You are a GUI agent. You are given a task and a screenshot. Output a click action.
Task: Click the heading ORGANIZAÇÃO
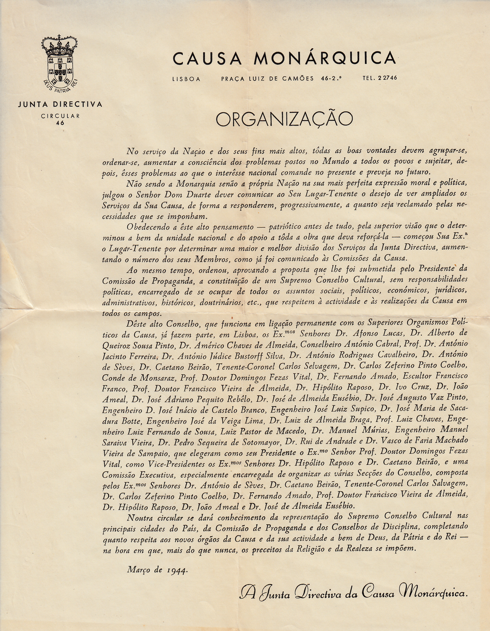(x=284, y=119)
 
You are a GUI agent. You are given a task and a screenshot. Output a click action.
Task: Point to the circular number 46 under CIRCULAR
(x=60, y=122)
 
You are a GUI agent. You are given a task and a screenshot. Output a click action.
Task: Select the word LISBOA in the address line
(x=186, y=79)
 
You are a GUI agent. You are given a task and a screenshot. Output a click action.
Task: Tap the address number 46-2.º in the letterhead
(x=331, y=78)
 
